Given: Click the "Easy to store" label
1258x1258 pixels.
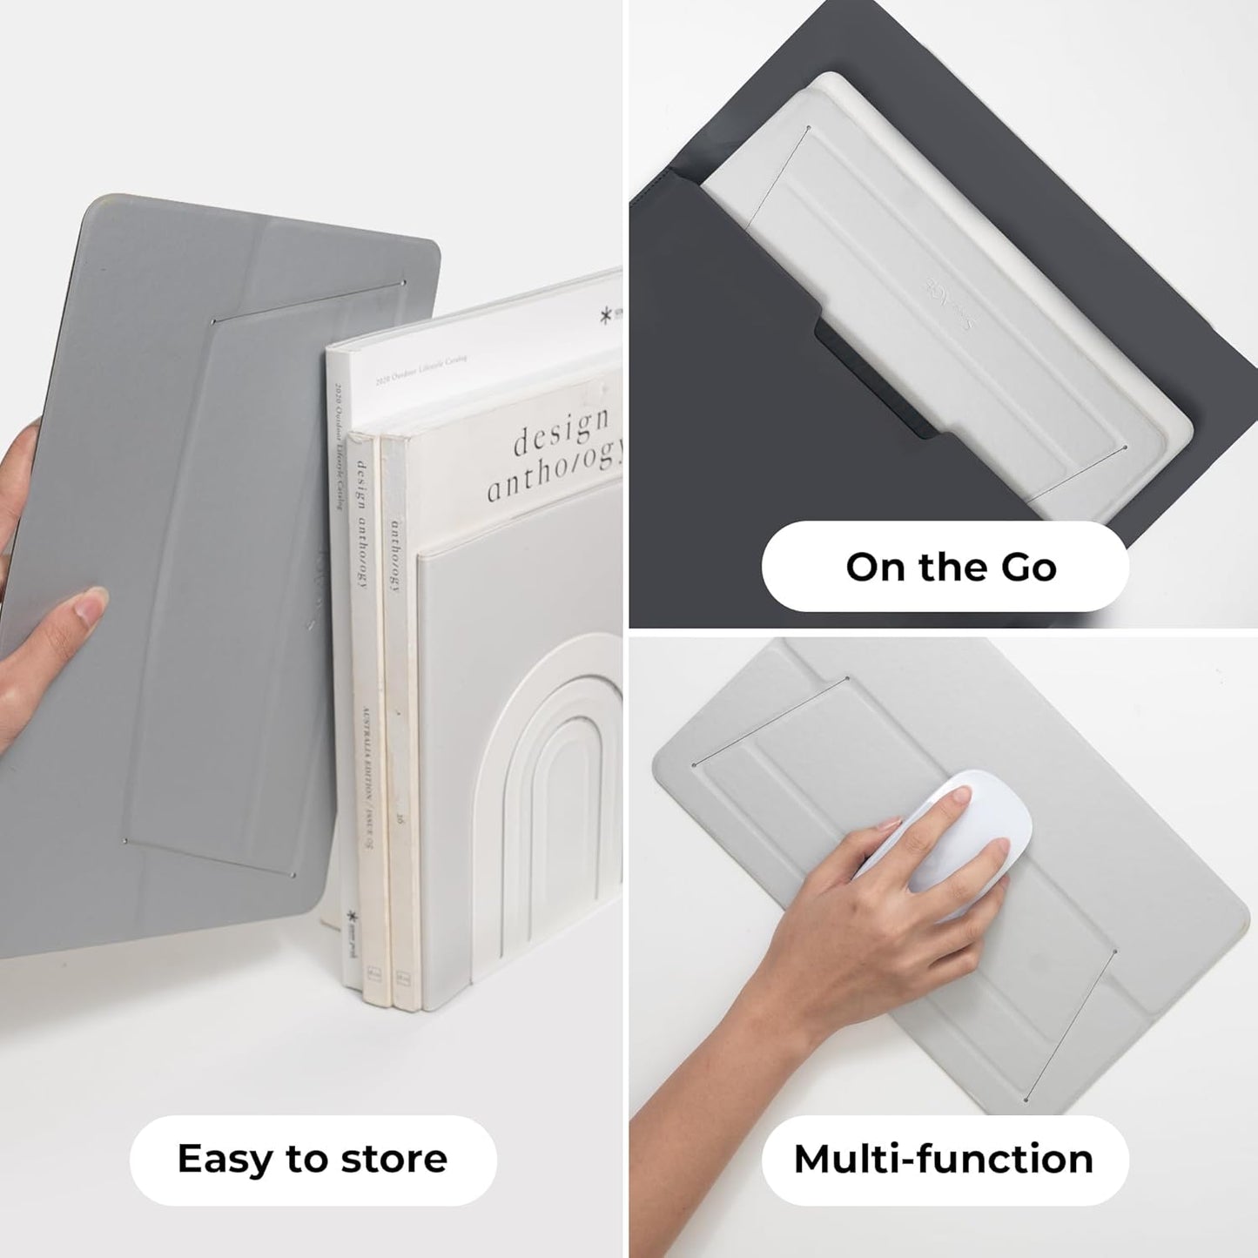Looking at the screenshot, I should pyautogui.click(x=313, y=1159).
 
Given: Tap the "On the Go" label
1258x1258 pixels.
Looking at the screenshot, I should pyautogui.click(x=951, y=567).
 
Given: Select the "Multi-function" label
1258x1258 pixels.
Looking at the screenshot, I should pyautogui.click(x=944, y=1159).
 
